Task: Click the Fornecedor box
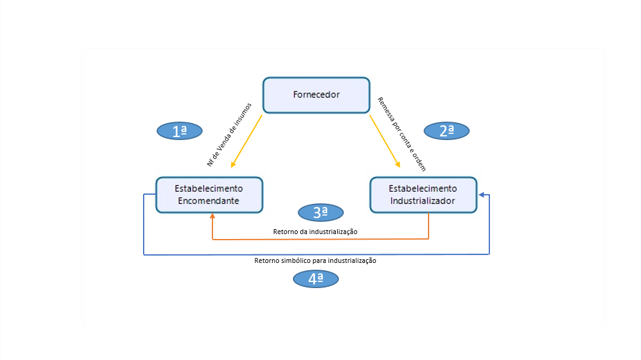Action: click(316, 95)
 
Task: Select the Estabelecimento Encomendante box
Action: click(209, 195)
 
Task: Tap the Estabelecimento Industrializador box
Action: click(422, 195)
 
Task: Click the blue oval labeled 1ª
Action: click(179, 130)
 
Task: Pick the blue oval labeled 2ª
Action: click(447, 130)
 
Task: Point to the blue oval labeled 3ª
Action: click(320, 213)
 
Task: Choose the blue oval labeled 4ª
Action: click(316, 279)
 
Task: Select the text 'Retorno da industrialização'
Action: click(315, 232)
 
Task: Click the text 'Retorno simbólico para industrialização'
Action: click(315, 260)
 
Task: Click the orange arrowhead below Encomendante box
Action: click(212, 217)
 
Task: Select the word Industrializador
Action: click(422, 200)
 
